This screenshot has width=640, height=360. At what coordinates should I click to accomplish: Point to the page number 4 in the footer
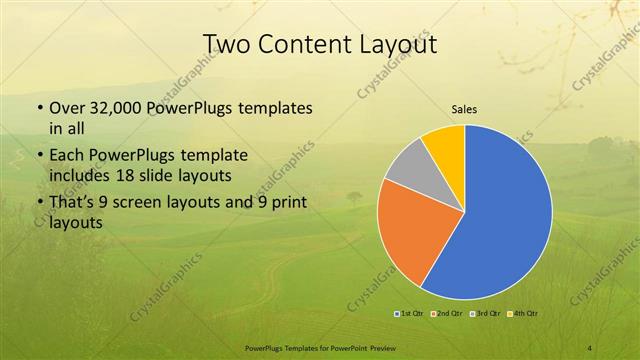pos(590,347)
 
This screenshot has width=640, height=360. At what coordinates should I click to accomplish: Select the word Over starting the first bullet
pos(67,107)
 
